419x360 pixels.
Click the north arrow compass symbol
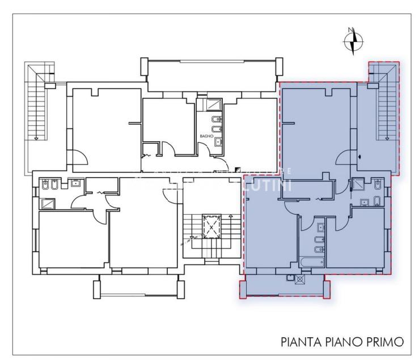[x=353, y=40]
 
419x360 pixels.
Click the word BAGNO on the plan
[x=206, y=137]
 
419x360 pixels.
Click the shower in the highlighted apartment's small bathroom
[x=357, y=184]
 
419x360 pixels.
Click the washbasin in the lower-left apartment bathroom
[x=75, y=183]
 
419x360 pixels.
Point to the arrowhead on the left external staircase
[x=36, y=138]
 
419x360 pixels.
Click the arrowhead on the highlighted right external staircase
[x=386, y=138]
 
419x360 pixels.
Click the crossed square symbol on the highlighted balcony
[x=299, y=278]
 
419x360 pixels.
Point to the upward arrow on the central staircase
[x=231, y=216]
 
